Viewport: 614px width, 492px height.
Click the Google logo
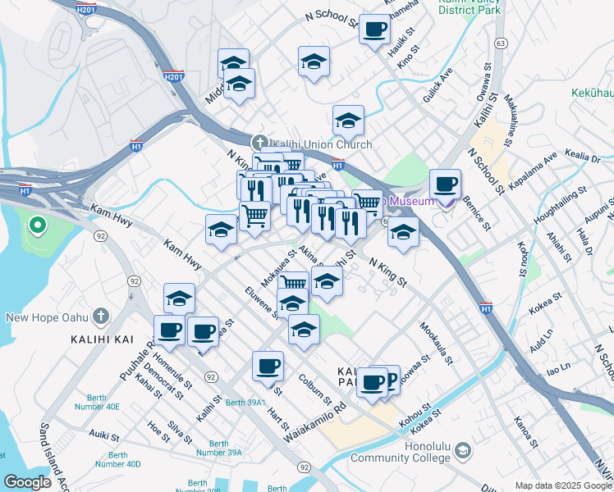click(x=27, y=482)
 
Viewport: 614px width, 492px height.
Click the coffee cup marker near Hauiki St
click(x=374, y=30)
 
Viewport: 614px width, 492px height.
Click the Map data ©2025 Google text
click(x=563, y=485)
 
